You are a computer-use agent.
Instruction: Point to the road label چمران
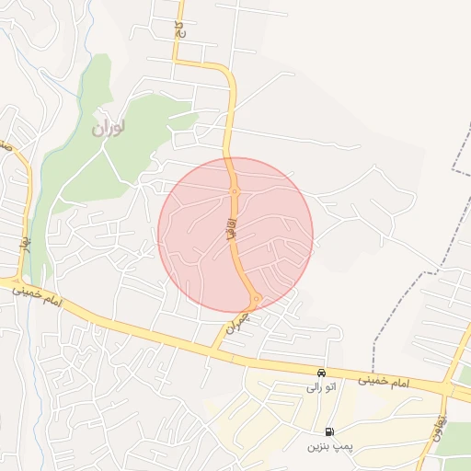236,321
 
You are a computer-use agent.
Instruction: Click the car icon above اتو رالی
320,373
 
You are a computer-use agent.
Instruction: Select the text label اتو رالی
321,387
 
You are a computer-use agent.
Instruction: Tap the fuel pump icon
328,431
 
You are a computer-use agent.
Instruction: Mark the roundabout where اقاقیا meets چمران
255,297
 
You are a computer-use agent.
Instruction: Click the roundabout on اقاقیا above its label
235,191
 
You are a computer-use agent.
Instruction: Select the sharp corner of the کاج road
178,63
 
